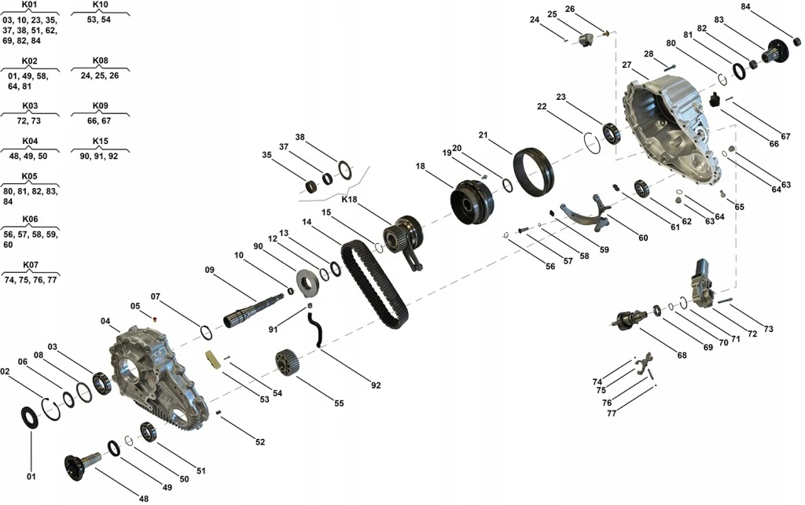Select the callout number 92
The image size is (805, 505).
[x=376, y=385]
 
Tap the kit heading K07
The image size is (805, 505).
[x=31, y=265]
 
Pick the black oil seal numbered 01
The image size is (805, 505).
[x=30, y=418]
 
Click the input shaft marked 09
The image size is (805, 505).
[x=253, y=310]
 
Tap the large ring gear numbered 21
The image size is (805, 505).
[x=534, y=171]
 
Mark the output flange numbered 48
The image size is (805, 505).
[x=83, y=465]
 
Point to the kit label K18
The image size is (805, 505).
[x=349, y=199]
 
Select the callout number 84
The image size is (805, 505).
[x=745, y=6]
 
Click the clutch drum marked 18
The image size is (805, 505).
[x=472, y=201]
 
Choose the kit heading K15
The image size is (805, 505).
[x=100, y=141]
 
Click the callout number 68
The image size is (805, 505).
[x=682, y=355]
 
